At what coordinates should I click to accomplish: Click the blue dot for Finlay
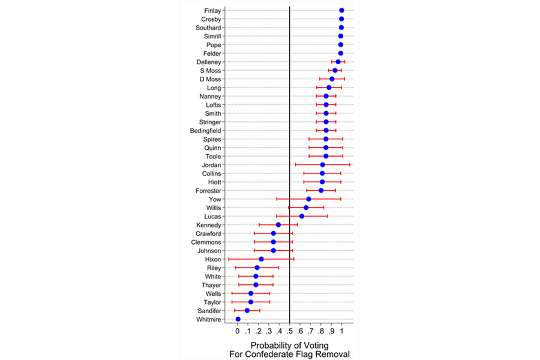tap(342, 10)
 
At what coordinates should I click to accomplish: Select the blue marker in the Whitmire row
tap(238, 319)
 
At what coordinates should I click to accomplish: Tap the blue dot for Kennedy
tap(278, 225)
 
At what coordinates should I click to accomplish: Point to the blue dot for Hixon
tap(261, 259)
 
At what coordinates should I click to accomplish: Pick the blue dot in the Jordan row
tap(323, 165)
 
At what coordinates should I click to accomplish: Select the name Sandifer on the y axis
tap(208, 310)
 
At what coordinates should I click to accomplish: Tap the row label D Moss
tap(211, 79)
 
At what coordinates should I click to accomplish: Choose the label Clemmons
tap(206, 242)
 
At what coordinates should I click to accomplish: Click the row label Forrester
tap(208, 191)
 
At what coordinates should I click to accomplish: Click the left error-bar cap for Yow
tap(277, 199)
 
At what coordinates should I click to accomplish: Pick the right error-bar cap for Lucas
tap(327, 216)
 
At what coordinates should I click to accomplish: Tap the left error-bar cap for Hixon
tap(229, 259)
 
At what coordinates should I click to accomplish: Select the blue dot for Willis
tap(306, 207)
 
